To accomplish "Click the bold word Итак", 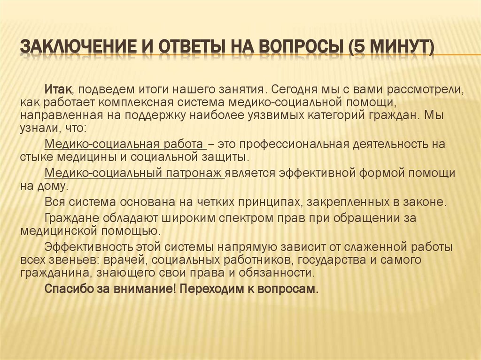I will tap(58, 89).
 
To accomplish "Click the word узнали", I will tap(36, 128).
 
